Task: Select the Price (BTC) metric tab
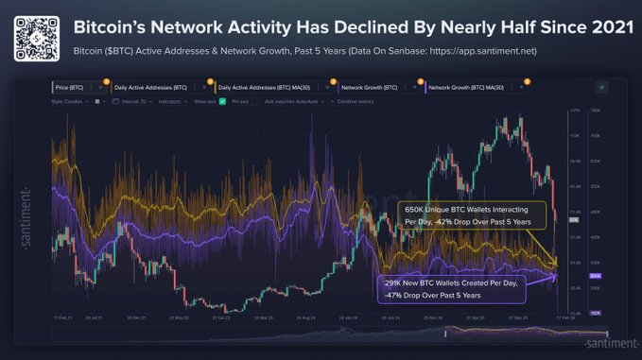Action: coord(75,87)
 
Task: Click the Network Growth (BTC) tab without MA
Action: coord(369,87)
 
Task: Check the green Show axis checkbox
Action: coord(222,99)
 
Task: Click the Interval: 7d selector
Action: coord(134,99)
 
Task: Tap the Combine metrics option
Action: coord(356,99)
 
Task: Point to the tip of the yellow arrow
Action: coord(558,263)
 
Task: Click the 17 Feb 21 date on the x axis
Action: coord(63,317)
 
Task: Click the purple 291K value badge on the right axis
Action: coord(595,276)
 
